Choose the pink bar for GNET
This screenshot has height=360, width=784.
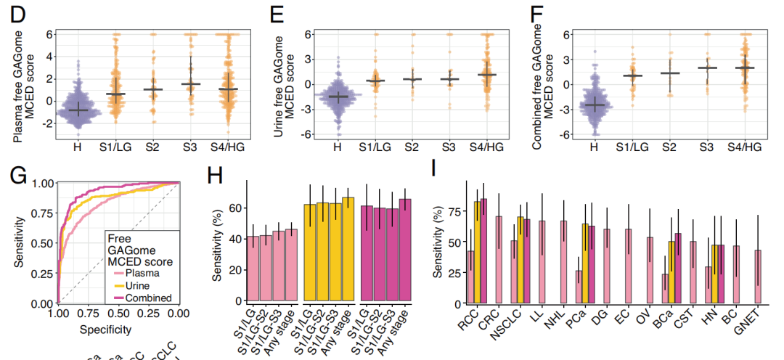click(759, 277)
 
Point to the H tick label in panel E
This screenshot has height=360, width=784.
click(336, 147)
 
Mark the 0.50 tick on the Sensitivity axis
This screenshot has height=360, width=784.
click(40, 243)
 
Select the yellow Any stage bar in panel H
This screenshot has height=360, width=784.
click(348, 249)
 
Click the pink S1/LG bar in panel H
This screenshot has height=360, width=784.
click(253, 268)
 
